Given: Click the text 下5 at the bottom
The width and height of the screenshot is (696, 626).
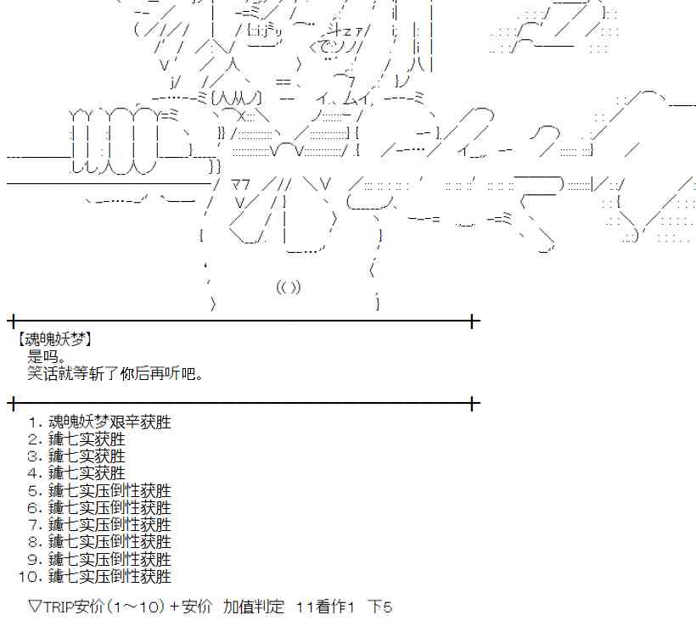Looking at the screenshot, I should coord(380,606).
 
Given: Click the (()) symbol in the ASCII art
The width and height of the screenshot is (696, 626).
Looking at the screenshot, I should coord(289,287).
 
